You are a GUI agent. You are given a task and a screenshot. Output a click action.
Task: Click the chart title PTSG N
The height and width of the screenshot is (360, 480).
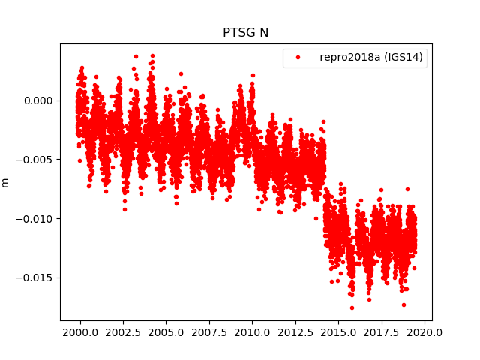(x=245, y=33)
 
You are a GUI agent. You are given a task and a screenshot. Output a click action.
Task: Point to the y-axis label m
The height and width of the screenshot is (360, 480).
(x=6, y=182)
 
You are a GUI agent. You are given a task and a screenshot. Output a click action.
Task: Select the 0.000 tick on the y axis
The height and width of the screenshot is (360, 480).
(x=37, y=100)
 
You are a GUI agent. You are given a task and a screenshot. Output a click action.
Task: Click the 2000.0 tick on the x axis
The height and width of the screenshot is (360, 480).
(x=80, y=332)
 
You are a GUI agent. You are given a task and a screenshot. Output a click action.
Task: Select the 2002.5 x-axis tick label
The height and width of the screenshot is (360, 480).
(x=123, y=332)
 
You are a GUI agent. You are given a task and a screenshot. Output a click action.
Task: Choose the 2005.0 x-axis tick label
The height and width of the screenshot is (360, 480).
(x=166, y=332)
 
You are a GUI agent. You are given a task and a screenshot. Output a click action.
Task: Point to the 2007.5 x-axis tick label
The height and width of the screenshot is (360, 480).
(x=209, y=332)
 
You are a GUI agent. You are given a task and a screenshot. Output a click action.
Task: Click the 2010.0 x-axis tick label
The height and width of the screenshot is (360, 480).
(x=253, y=332)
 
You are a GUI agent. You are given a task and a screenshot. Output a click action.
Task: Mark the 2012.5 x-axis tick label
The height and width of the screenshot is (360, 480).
(x=295, y=332)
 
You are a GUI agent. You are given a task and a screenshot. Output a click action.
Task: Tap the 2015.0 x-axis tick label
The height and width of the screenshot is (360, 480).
(x=339, y=332)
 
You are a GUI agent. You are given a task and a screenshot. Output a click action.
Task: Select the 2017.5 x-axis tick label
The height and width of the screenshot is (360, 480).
(x=382, y=332)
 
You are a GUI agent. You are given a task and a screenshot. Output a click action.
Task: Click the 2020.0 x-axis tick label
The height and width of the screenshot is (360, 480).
(x=425, y=332)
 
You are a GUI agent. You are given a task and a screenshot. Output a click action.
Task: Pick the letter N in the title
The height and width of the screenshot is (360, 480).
(x=264, y=33)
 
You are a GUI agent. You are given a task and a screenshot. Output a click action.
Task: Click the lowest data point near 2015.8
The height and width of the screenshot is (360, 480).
(x=351, y=307)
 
